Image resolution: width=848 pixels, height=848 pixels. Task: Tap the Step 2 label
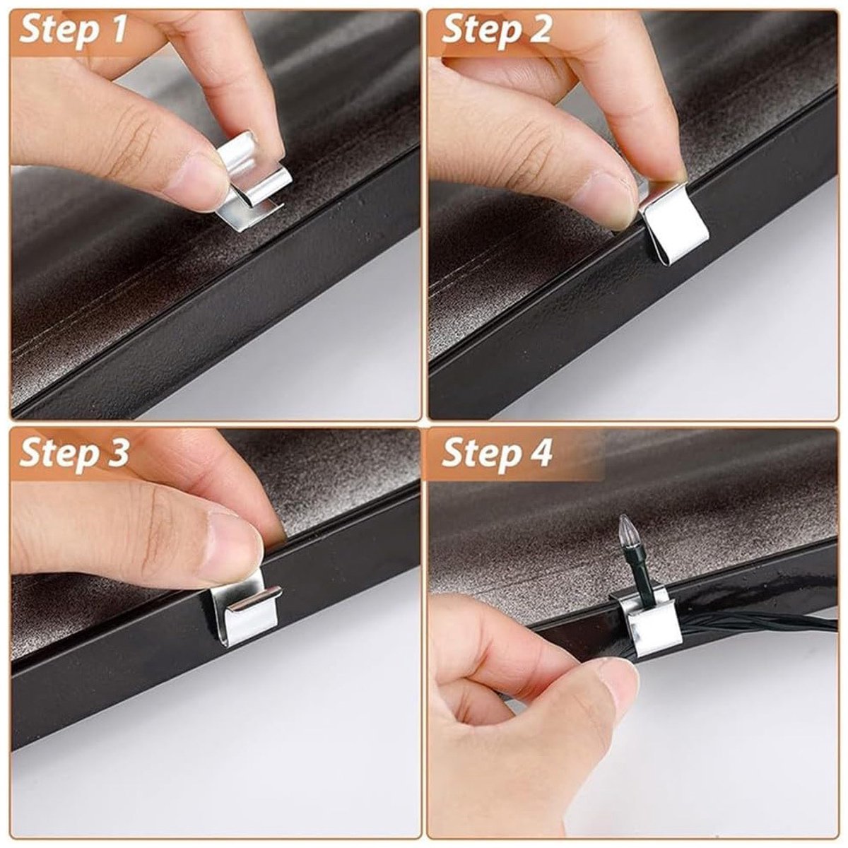496,30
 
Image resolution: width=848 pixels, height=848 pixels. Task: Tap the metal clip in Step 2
673,225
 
